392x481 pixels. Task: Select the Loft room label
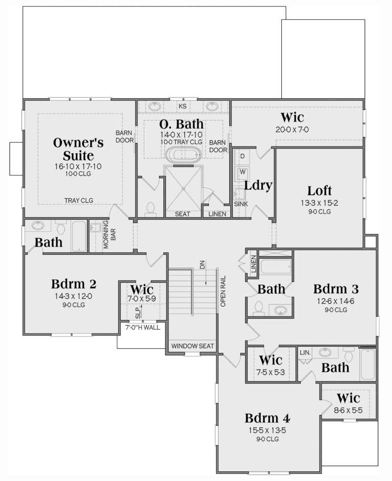tap(320, 191)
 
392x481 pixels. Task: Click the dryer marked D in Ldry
tap(242, 155)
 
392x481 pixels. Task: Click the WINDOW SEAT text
tap(192, 346)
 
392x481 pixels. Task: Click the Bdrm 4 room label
tap(267, 418)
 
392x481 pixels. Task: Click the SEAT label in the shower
tap(182, 214)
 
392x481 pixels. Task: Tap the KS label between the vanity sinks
tap(182, 107)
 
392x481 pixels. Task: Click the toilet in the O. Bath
tap(151, 208)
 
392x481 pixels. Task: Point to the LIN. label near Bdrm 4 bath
tap(305, 352)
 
